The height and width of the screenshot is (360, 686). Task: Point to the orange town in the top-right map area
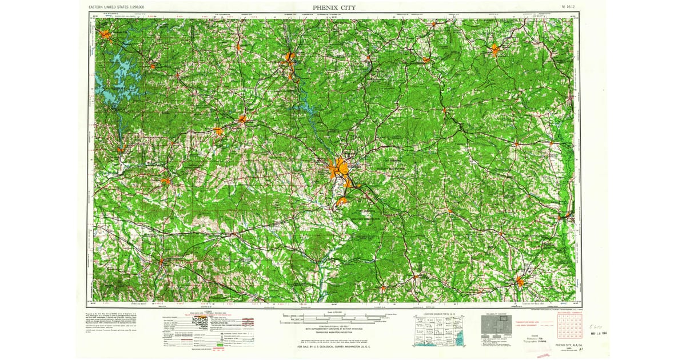coord(495,50)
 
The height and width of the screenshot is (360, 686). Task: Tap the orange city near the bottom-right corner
coord(520,281)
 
